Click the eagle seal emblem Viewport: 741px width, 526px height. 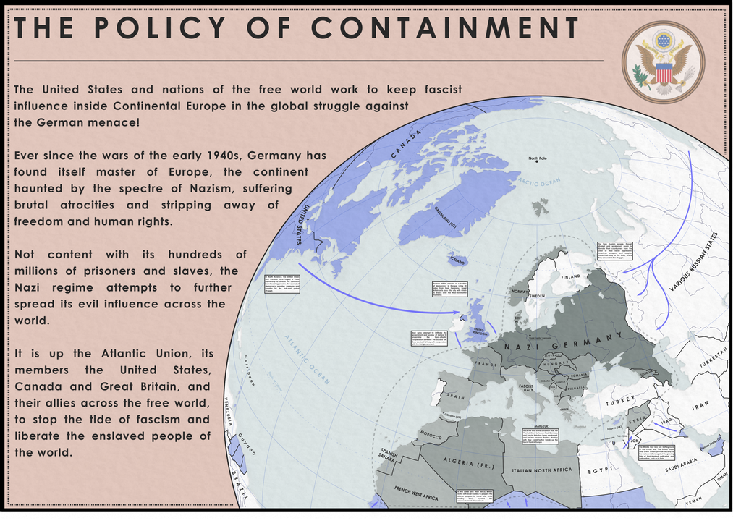(x=663, y=61)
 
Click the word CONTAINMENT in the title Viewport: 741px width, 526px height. (x=449, y=28)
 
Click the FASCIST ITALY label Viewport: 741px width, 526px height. (x=525, y=391)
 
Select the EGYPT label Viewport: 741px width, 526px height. (x=600, y=470)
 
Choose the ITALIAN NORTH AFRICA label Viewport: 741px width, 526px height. (x=542, y=470)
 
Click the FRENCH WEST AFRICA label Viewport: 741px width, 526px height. (x=416, y=493)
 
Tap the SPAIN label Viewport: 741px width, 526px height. (x=454, y=397)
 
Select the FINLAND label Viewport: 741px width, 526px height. (x=571, y=276)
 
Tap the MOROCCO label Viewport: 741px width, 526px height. (x=431, y=436)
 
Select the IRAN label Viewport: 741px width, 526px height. (x=700, y=407)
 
